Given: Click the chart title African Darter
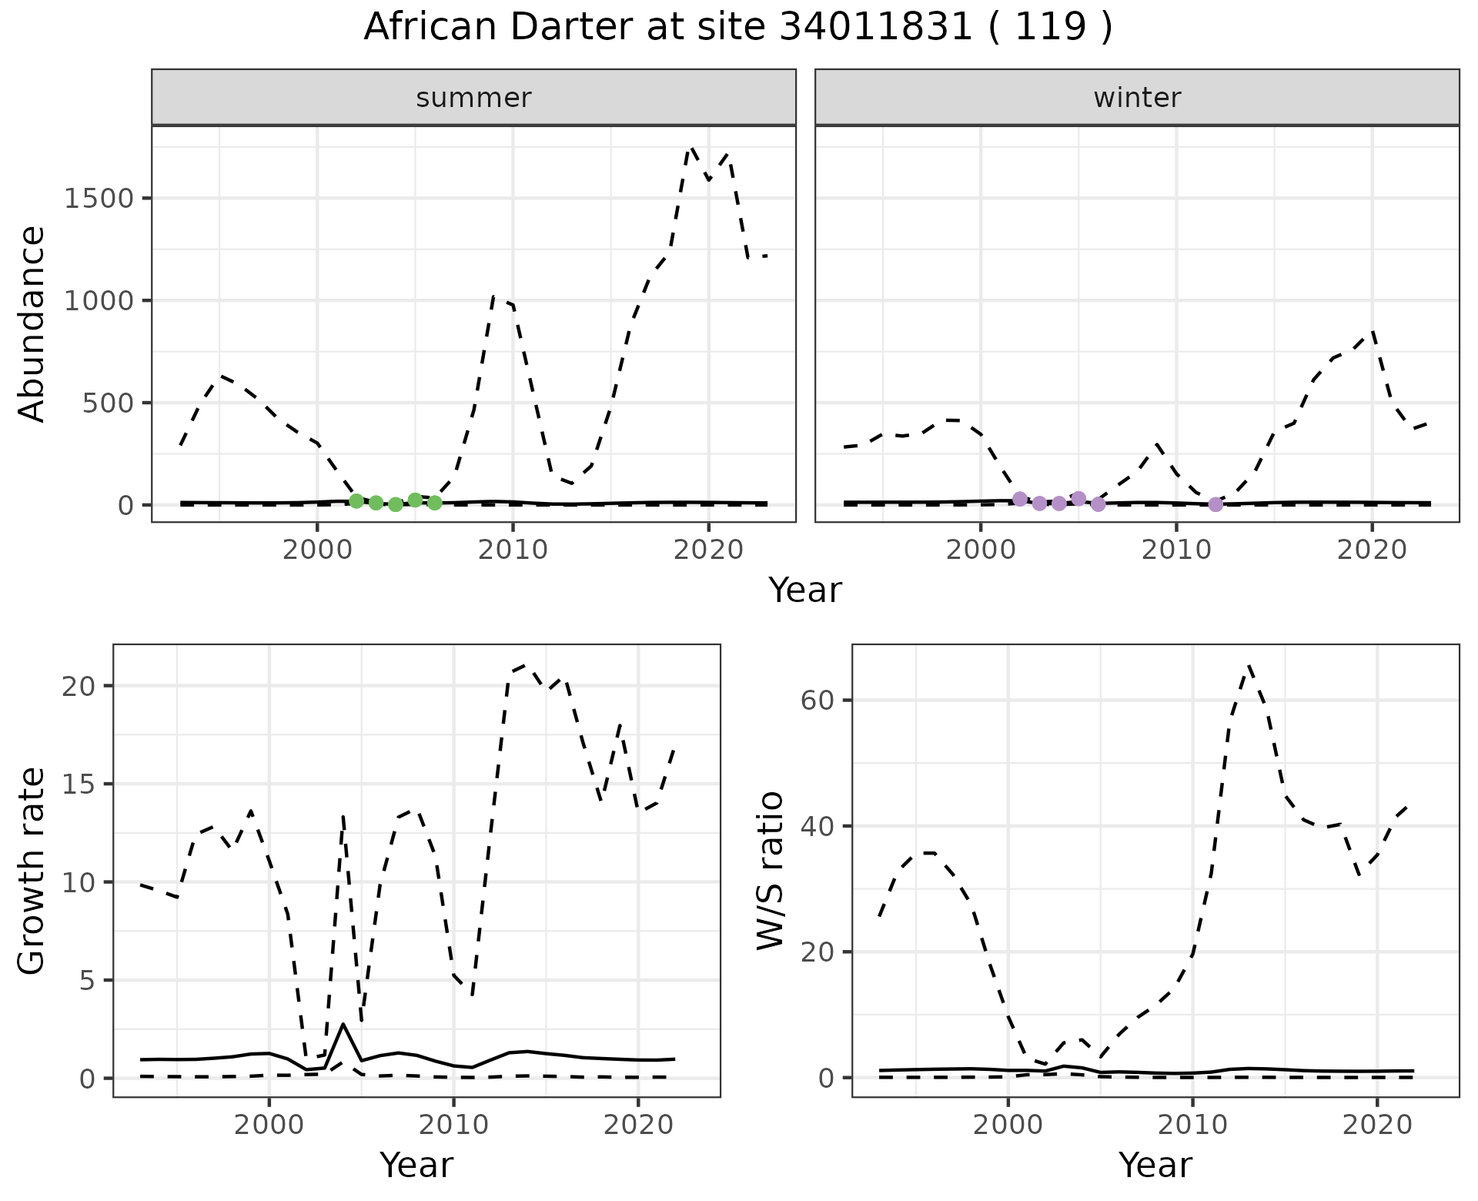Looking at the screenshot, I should (737, 28).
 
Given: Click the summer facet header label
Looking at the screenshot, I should (473, 98).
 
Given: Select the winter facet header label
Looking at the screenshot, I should (1137, 98).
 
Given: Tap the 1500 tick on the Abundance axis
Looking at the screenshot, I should (99, 199).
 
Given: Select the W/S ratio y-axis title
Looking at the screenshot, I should (770, 870).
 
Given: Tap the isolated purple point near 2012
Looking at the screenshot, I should (1216, 504).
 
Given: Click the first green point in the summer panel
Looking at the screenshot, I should (356, 501).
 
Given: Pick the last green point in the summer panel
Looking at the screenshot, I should (435, 503).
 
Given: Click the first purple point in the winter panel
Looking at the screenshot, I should (1020, 499).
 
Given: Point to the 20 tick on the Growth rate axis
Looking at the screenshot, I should (82, 686).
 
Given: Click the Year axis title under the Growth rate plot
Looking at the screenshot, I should (416, 1165).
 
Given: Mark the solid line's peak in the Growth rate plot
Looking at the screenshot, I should (343, 1024).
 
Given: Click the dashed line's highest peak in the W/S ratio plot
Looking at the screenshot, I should (1249, 666).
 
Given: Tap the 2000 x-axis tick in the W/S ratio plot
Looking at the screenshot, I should (1008, 1125).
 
